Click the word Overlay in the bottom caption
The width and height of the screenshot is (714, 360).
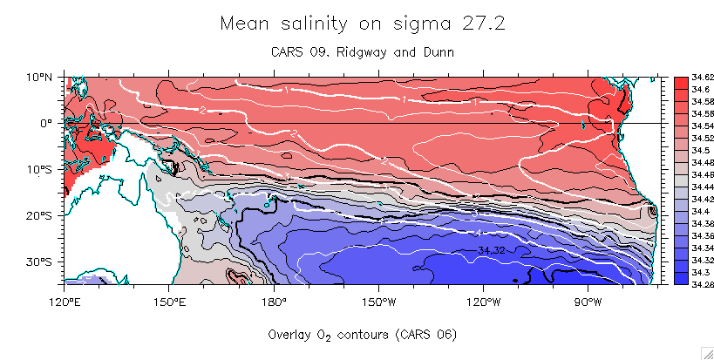click(x=293, y=335)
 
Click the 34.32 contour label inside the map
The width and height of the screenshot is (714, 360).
click(x=493, y=251)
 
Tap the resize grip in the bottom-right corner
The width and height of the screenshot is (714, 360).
click(x=706, y=352)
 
